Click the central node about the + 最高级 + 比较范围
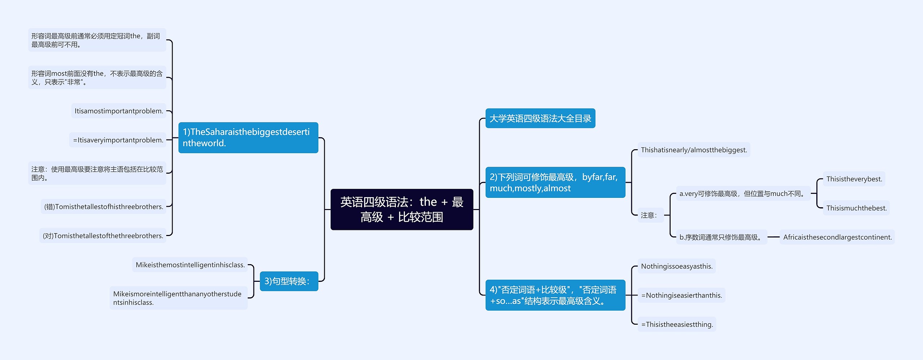point(402,209)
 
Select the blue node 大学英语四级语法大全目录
point(540,118)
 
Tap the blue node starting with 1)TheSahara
point(248,138)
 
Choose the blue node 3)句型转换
point(289,281)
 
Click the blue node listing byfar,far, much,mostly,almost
point(555,182)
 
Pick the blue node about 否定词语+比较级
point(555,295)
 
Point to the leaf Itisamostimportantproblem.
point(119,111)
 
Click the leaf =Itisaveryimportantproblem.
point(118,140)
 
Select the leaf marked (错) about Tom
point(103,207)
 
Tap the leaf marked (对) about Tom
point(103,236)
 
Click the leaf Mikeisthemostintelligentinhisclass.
point(190,265)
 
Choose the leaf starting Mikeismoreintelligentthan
point(178,298)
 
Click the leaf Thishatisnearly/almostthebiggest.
point(694,150)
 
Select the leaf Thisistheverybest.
point(854,179)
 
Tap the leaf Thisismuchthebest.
point(856,208)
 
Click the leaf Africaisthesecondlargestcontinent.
point(837,237)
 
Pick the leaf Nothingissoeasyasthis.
point(676,266)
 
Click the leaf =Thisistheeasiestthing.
point(677,324)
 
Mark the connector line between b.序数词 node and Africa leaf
point(773,237)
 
